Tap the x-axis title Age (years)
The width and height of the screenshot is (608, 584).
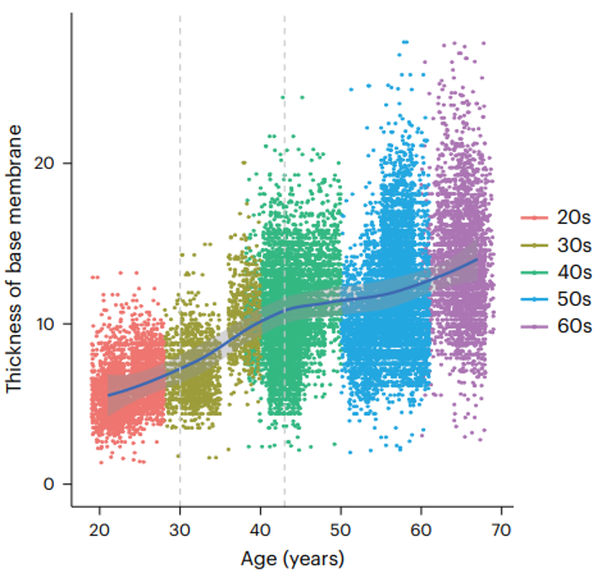click(291, 560)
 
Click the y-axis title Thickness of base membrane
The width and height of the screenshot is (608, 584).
click(15, 258)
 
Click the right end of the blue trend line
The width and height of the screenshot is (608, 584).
click(476, 259)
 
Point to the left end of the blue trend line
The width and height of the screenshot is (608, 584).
click(108, 394)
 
